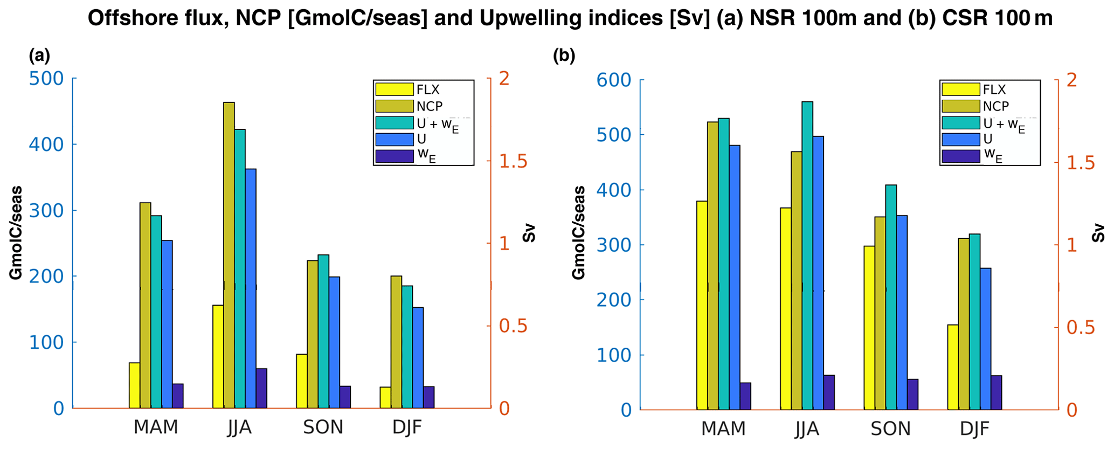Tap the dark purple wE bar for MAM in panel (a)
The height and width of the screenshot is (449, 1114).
point(178,396)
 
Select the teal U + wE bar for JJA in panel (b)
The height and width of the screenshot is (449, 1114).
point(807,255)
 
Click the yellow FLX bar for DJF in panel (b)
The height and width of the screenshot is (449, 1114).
point(953,367)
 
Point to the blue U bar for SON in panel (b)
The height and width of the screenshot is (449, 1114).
point(902,313)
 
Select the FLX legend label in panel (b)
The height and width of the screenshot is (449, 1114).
point(994,89)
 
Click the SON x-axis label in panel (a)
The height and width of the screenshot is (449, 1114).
point(323,427)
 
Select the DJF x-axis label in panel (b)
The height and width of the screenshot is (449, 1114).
point(974,429)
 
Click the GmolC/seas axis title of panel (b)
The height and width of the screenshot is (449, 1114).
point(579,233)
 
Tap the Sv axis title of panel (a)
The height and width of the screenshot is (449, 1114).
point(529,233)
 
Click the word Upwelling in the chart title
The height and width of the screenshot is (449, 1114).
point(527,18)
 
